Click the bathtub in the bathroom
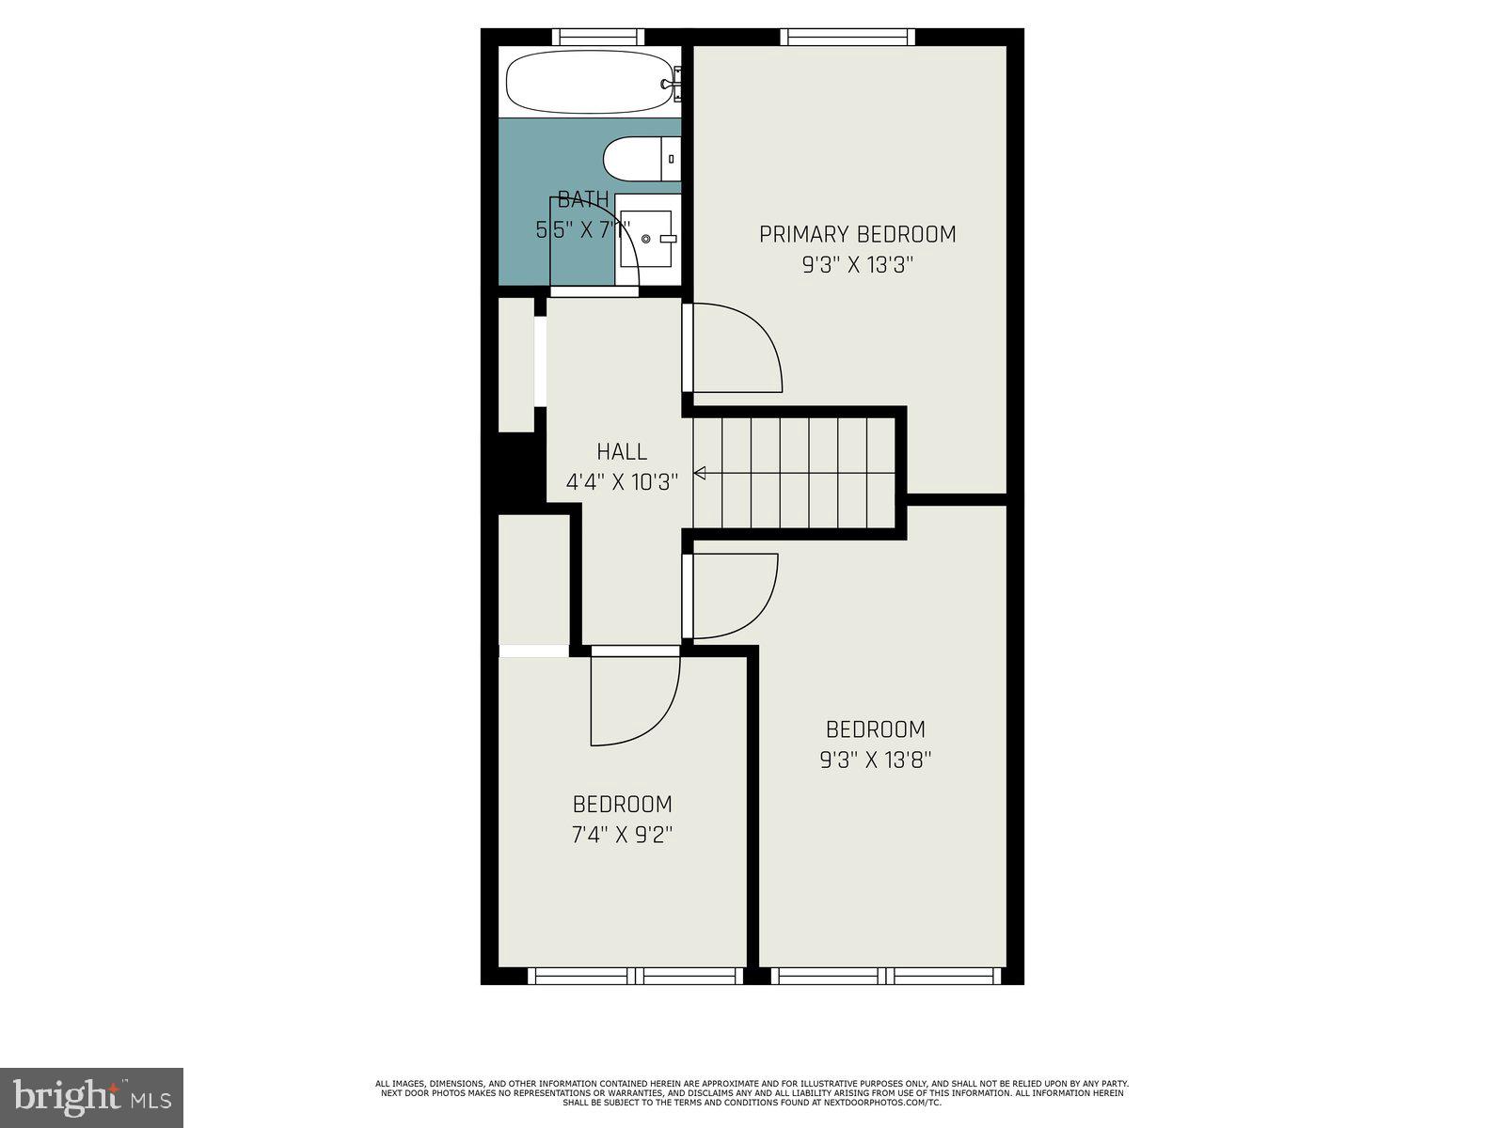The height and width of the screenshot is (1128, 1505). click(x=590, y=83)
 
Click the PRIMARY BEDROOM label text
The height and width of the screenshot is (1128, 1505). click(x=857, y=234)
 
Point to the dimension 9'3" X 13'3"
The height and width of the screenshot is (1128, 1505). click(x=857, y=265)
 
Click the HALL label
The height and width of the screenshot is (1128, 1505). click(x=622, y=452)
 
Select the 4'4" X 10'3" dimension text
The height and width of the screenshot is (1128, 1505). click(x=622, y=483)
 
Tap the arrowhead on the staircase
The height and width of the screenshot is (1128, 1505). click(x=700, y=473)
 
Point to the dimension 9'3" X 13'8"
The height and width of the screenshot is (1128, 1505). click(x=875, y=760)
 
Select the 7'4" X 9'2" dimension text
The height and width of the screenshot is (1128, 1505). click(x=622, y=835)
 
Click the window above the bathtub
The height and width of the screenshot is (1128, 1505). click(x=598, y=38)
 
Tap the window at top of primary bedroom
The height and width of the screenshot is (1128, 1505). click(x=848, y=38)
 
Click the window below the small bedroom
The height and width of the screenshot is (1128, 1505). click(x=635, y=976)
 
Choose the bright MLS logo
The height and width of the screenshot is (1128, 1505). click(x=91, y=1097)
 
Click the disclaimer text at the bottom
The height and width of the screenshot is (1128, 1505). click(x=752, y=1093)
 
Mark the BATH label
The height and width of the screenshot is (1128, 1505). click(x=583, y=199)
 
